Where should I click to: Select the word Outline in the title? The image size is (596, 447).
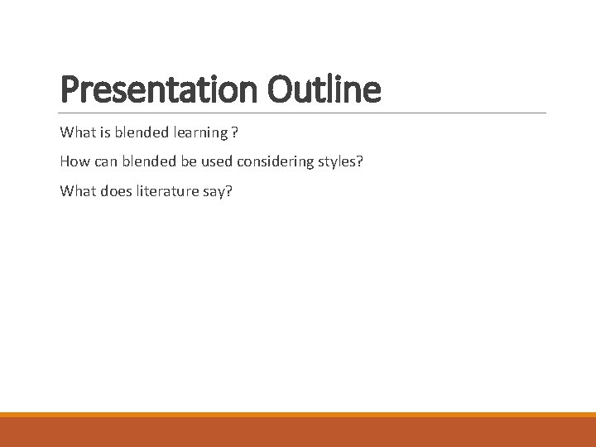coord(324,89)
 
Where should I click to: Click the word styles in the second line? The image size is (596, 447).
coord(338,161)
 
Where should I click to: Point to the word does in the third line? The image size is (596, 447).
coord(116,191)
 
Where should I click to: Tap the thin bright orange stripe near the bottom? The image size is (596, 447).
coord(298,415)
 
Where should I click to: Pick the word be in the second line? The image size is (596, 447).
coord(185,161)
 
